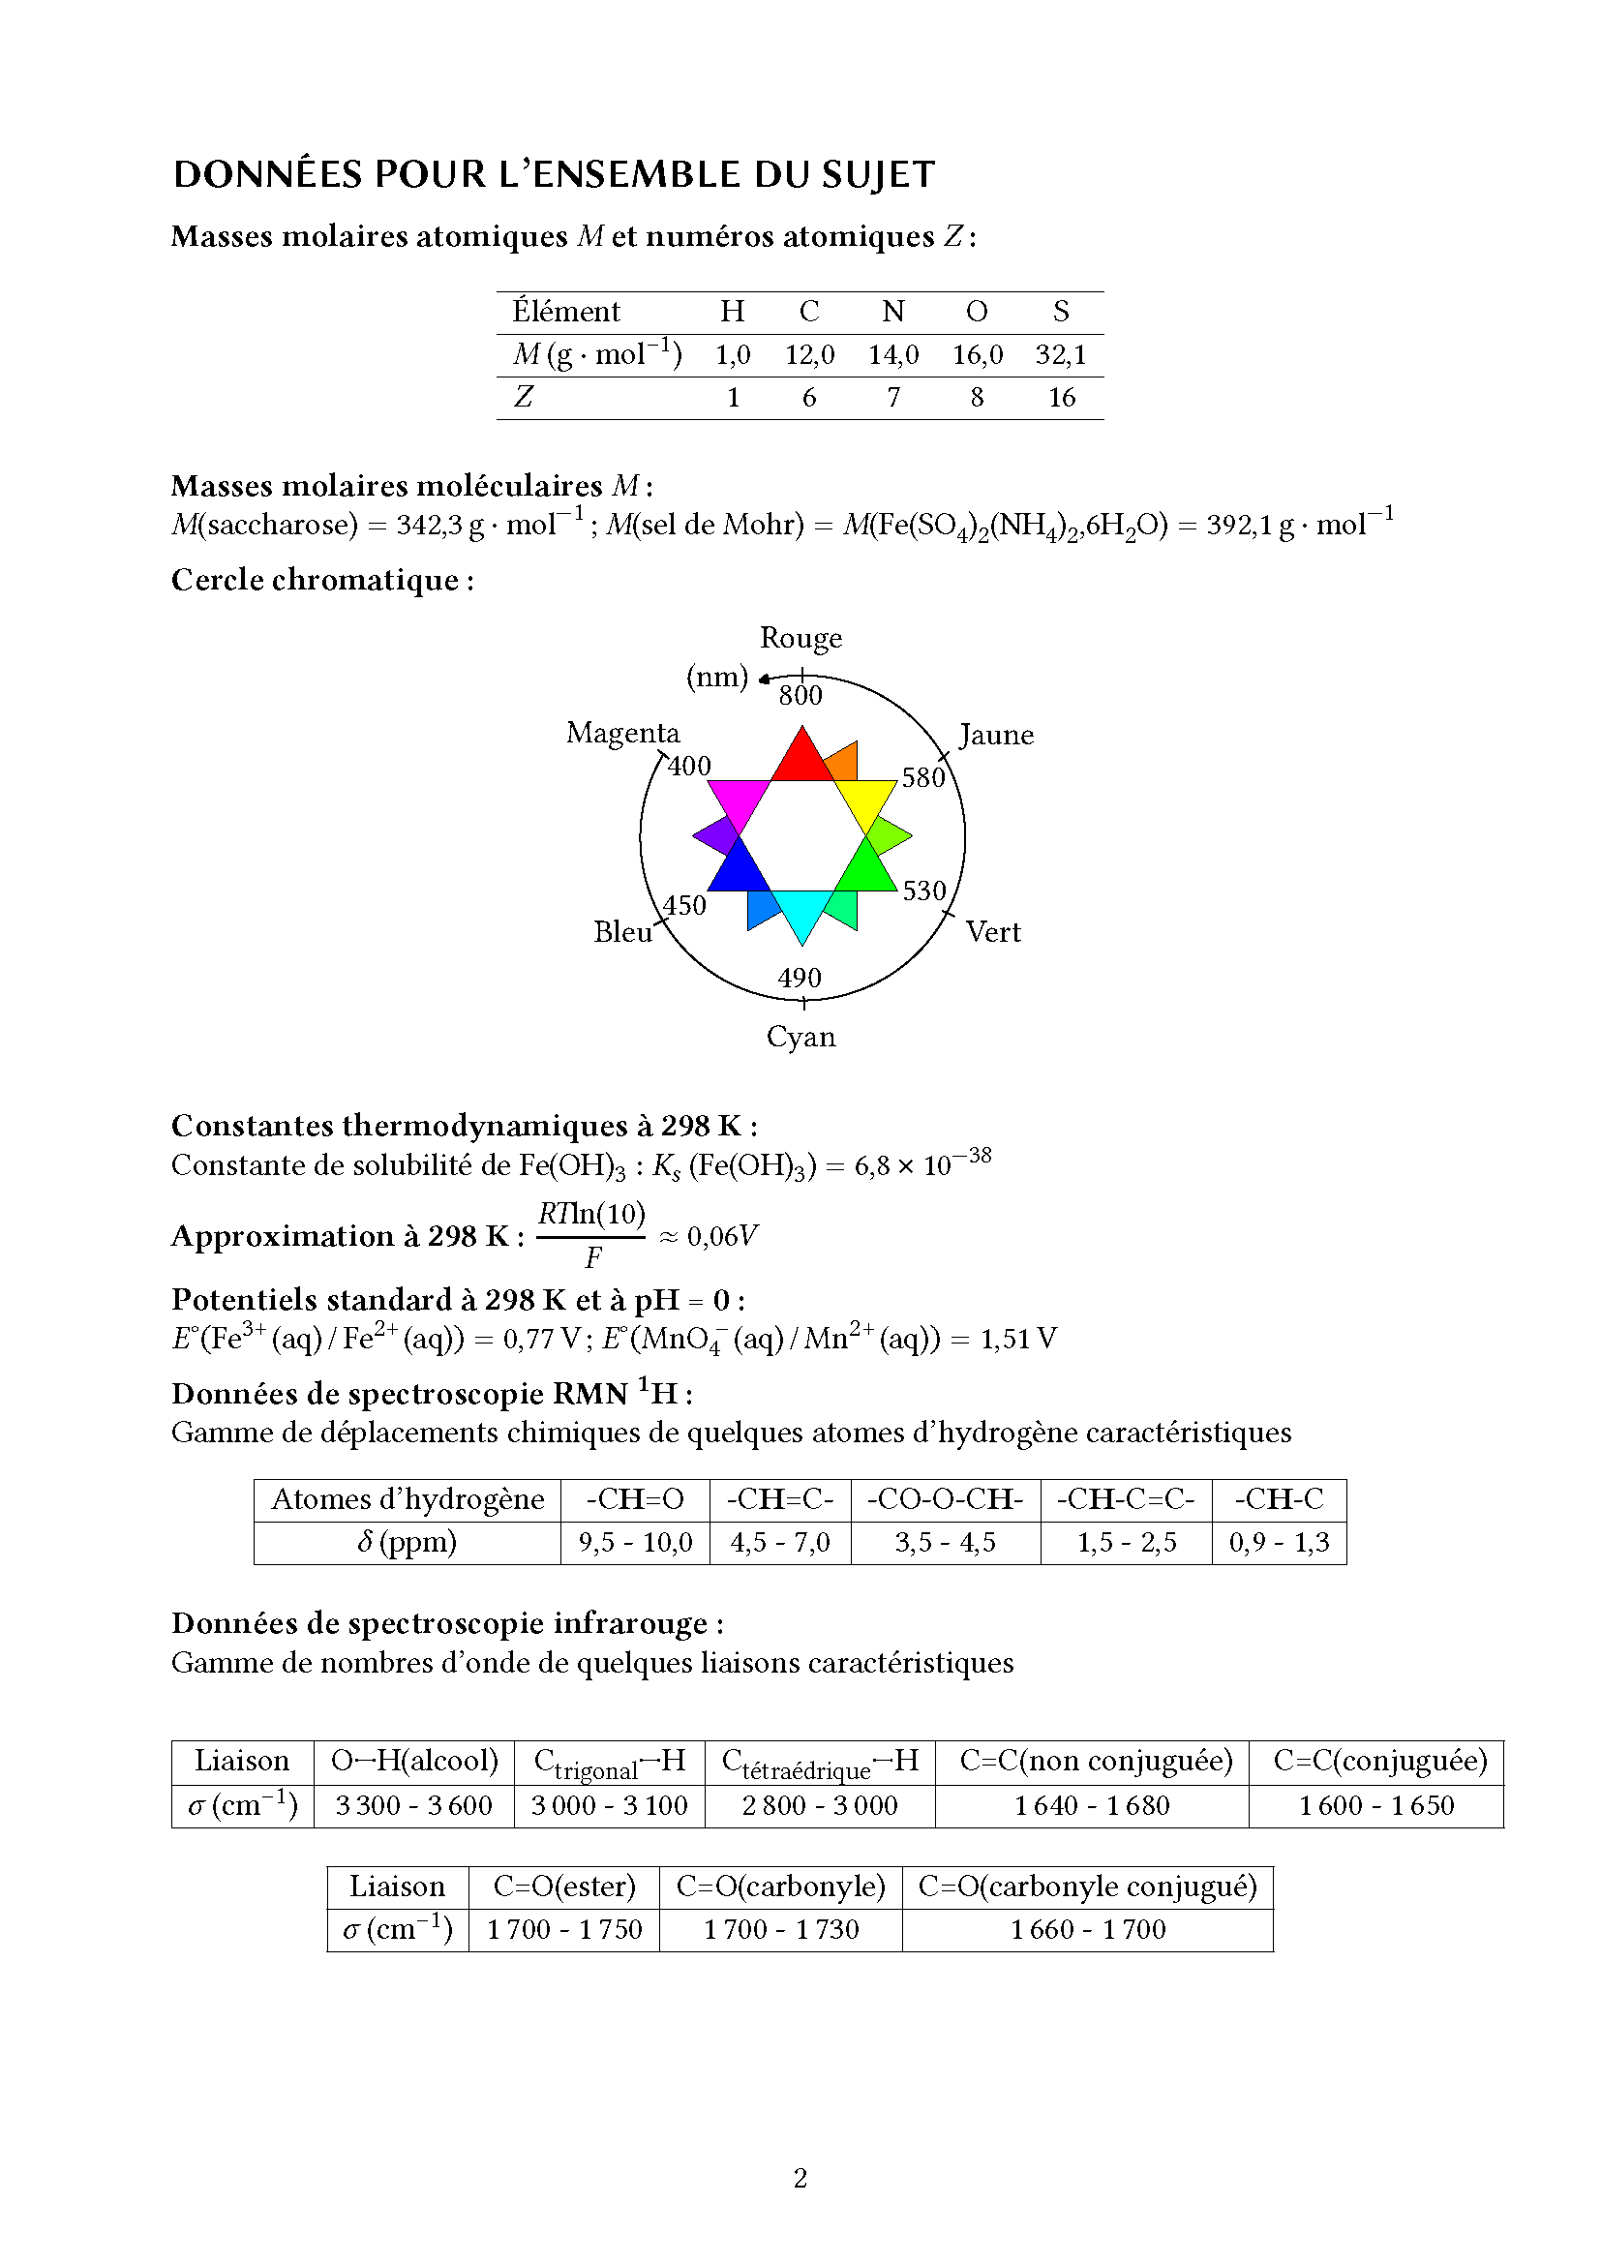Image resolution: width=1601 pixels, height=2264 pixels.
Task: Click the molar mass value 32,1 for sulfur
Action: [1061, 355]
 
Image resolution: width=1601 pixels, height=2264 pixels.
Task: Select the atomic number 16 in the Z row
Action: [1062, 398]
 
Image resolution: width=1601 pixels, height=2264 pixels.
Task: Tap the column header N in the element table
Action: [893, 312]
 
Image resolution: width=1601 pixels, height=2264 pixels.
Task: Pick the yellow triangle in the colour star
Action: [864, 800]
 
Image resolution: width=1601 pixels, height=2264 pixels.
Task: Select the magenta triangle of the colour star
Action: [740, 800]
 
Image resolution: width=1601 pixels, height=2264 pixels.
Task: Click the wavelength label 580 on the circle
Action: [922, 778]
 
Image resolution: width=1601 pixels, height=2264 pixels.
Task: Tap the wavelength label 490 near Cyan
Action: [800, 979]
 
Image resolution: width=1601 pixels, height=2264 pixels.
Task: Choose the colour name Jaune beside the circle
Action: [997, 736]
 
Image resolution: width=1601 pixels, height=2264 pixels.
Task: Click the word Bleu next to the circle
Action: [623, 933]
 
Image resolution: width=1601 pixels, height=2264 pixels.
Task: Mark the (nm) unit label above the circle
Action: [716, 678]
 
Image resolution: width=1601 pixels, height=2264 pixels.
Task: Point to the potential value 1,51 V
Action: [1018, 1339]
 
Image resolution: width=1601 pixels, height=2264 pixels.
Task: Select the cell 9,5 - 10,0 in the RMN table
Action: [636, 1542]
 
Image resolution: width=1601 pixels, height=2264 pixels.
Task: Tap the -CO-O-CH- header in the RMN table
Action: [946, 1499]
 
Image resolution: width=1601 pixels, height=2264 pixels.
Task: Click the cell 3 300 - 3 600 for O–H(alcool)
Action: [414, 1805]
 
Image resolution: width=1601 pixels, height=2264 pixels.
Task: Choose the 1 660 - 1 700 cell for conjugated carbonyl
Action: [1087, 1930]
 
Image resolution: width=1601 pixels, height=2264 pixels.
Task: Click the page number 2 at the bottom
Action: [800, 2178]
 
